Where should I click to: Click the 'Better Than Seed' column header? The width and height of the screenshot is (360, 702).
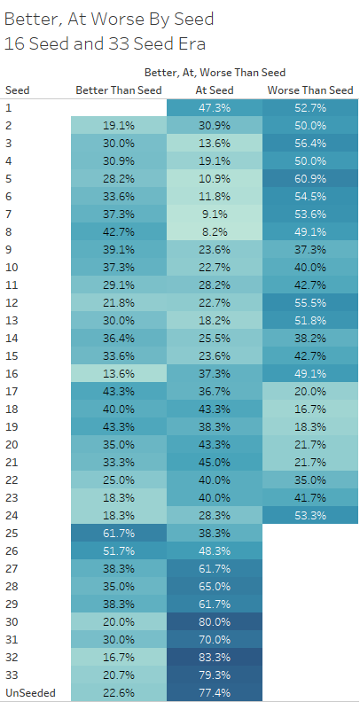(x=119, y=90)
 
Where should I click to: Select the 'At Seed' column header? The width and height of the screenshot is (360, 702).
(x=215, y=90)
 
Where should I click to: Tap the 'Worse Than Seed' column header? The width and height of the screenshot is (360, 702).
(x=310, y=90)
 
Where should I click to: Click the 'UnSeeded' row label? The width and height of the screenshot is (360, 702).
(x=30, y=693)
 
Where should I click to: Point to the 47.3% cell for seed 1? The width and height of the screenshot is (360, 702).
(x=215, y=108)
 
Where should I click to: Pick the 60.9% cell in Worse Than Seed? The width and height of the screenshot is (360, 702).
(x=310, y=179)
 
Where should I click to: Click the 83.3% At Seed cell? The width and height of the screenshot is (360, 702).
(x=215, y=657)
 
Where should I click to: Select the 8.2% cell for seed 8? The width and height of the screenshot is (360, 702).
(x=215, y=232)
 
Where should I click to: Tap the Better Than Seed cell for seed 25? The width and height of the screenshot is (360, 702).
(x=119, y=534)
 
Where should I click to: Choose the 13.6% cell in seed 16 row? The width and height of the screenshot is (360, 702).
(x=119, y=374)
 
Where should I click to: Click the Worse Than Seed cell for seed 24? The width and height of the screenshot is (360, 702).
(x=310, y=515)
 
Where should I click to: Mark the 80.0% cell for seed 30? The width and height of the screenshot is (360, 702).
(x=215, y=622)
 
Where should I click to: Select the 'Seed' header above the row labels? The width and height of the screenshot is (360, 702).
(x=18, y=90)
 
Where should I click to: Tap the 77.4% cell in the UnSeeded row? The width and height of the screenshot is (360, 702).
(x=215, y=693)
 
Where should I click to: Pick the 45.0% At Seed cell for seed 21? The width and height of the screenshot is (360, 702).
(x=215, y=463)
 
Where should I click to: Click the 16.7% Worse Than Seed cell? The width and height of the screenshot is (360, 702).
(x=310, y=409)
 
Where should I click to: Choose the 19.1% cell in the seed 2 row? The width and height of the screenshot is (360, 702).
(x=119, y=126)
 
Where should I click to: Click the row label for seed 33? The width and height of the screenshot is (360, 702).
(x=12, y=675)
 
